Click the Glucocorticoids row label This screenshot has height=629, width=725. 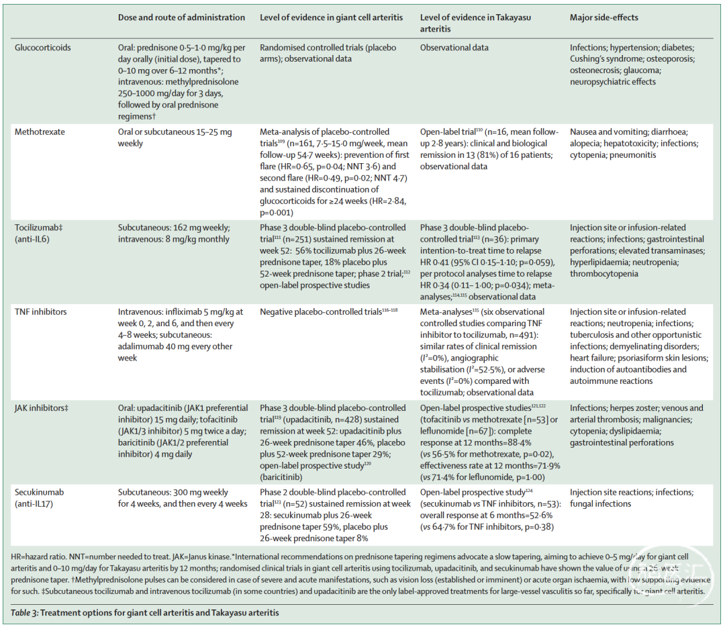[42, 48]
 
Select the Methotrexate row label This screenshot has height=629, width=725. [40, 132]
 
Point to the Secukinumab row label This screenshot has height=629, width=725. [40, 492]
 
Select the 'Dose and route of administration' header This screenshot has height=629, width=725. [181, 17]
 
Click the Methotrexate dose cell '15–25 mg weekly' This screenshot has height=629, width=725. [174, 138]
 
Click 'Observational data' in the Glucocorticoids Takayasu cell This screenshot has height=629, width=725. [454, 48]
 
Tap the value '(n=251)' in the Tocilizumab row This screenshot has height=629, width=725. [299, 240]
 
